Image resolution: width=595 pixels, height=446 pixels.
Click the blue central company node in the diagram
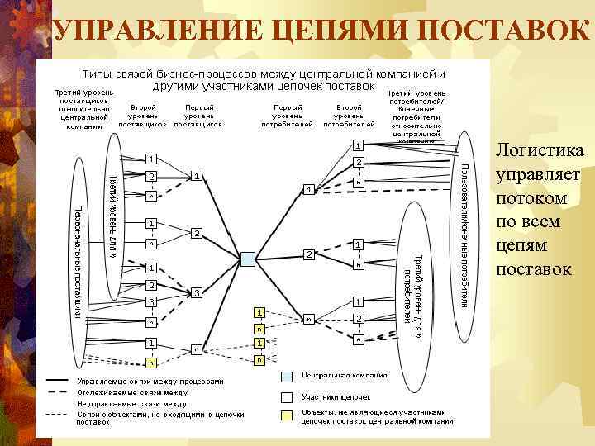pyautogui.click(x=247, y=259)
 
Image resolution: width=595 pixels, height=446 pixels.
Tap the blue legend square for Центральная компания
pyautogui.click(x=287, y=376)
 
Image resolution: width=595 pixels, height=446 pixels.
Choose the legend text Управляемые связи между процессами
pyautogui.click(x=150, y=382)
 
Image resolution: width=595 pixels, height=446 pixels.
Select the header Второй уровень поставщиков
pyautogui.click(x=143, y=116)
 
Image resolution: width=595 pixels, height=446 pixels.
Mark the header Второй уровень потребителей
pyautogui.click(x=349, y=116)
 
